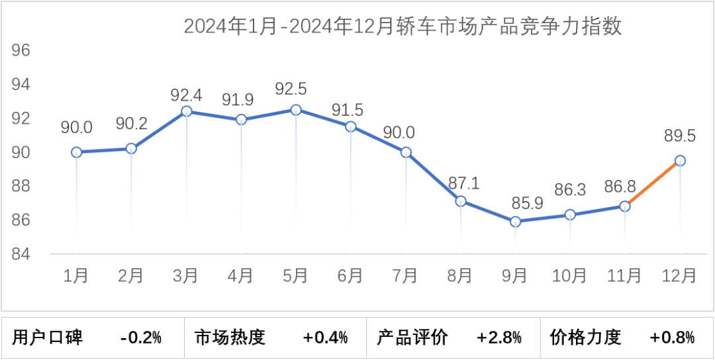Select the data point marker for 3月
(x=186, y=111)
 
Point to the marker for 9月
(x=515, y=222)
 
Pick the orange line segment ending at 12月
(x=653, y=183)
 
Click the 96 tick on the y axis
(x=22, y=51)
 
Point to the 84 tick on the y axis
(x=22, y=254)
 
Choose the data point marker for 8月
(x=461, y=201)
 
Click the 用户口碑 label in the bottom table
(x=48, y=337)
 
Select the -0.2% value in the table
(x=141, y=337)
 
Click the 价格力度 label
(x=586, y=337)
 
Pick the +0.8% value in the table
(x=672, y=337)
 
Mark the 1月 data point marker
(x=76, y=152)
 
